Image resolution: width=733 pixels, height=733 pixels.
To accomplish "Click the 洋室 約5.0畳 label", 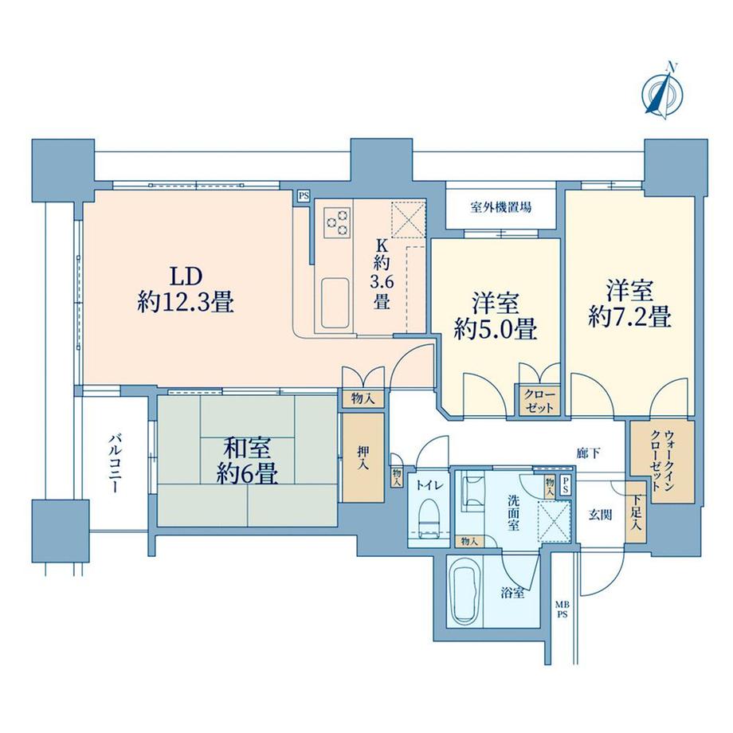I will click(x=495, y=316).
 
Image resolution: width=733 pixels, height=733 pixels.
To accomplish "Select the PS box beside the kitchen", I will click(x=303, y=194).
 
